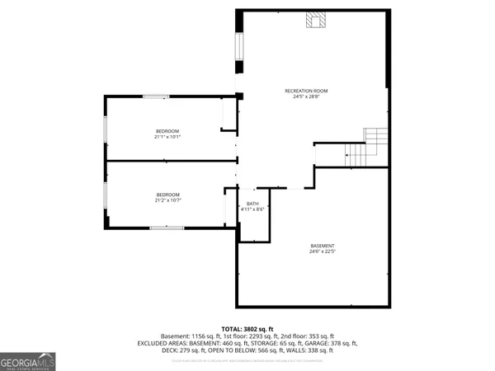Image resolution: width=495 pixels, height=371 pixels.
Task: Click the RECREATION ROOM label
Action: tap(306, 91)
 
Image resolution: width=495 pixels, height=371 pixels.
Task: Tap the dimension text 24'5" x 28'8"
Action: tap(306, 96)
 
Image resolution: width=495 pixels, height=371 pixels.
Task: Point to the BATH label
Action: tap(252, 204)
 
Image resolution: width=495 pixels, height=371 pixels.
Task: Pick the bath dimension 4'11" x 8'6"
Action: tap(252, 209)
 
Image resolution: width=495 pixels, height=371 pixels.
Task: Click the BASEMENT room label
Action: tap(323, 246)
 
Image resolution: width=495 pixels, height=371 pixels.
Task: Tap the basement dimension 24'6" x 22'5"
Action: tap(323, 251)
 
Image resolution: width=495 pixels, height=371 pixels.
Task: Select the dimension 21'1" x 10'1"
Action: tap(167, 137)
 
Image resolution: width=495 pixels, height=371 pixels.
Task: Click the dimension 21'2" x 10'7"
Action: tap(167, 200)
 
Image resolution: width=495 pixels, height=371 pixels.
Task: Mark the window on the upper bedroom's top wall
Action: tap(156, 96)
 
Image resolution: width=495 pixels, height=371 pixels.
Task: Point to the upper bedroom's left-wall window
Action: tap(105, 132)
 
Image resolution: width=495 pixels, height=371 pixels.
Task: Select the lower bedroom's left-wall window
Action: tap(105, 195)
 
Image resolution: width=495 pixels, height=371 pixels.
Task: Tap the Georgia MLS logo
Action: tap(28, 361)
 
